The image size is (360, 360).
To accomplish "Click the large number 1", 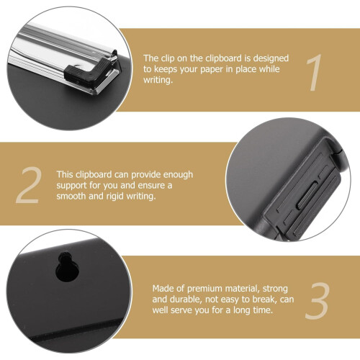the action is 315,73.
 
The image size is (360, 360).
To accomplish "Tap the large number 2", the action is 28,185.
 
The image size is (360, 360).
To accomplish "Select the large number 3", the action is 318,301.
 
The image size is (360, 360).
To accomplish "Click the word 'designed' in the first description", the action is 271,58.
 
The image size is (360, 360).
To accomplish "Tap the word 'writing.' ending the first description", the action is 158,80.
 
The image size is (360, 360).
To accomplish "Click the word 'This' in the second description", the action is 65,174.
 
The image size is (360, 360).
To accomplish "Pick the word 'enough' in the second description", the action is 178,175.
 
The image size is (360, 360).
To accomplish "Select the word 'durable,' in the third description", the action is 186,300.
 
